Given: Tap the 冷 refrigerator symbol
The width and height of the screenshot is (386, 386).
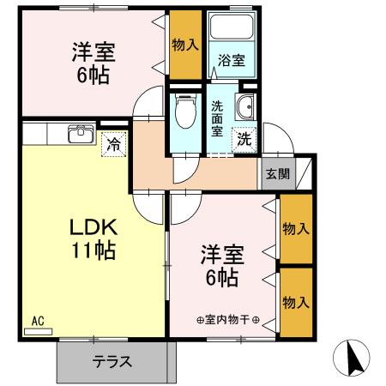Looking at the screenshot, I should coord(113,145).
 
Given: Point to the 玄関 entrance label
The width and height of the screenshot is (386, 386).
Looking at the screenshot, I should coord(277,173).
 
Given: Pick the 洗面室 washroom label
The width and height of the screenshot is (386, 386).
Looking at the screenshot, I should coord(218,119).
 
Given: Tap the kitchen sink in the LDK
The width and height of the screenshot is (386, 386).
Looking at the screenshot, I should coord(82,133).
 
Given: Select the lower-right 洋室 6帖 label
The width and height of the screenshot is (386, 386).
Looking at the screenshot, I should coord(223,265).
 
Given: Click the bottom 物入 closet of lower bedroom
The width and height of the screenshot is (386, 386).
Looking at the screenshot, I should coord(296,302).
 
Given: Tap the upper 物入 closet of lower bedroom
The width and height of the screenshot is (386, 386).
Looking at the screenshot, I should coord(296,229).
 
